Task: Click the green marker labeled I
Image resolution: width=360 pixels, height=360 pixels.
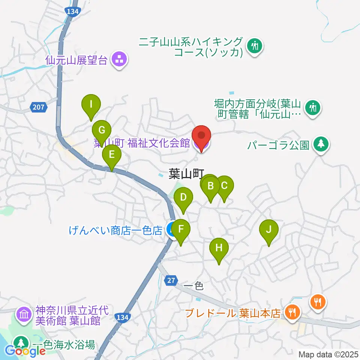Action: click(91, 105)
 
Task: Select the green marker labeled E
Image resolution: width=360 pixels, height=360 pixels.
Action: click(112, 155)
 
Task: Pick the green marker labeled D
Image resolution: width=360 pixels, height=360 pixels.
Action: click(183, 198)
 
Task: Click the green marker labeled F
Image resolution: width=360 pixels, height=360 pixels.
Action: click(181, 229)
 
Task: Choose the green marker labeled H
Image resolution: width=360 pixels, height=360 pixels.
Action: click(219, 248)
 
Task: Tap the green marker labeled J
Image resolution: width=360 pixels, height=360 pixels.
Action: click(268, 230)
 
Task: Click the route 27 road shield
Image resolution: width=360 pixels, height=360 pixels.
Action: click(171, 280)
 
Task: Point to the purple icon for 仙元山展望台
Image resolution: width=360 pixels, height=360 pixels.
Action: click(120, 59)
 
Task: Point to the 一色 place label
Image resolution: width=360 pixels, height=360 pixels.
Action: click(194, 286)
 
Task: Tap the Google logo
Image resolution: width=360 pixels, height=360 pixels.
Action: click(25, 351)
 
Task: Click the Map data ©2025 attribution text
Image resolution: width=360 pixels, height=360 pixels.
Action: click(328, 354)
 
